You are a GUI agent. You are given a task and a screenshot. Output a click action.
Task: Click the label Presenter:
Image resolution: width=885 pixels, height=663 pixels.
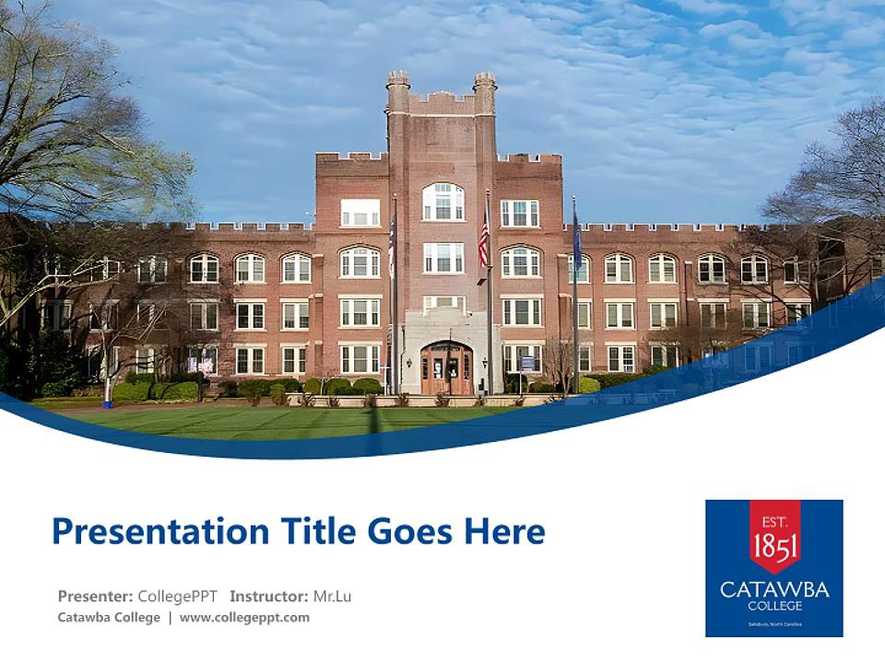click(x=95, y=596)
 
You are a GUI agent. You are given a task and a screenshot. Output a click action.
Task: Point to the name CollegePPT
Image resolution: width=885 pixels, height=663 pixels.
click(x=177, y=596)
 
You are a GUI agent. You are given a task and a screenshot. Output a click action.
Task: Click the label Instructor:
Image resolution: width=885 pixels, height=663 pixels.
click(x=269, y=596)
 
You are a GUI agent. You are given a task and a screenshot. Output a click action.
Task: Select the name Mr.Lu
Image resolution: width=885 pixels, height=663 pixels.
click(x=333, y=596)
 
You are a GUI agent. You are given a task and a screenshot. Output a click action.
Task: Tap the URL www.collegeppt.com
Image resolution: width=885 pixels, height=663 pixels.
click(x=244, y=618)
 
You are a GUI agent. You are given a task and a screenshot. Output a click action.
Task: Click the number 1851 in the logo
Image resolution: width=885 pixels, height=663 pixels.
click(x=774, y=546)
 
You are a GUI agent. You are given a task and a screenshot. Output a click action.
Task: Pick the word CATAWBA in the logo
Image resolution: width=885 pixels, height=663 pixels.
click(x=774, y=589)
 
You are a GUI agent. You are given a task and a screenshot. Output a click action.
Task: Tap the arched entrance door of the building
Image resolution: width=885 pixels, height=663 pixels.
click(x=446, y=368)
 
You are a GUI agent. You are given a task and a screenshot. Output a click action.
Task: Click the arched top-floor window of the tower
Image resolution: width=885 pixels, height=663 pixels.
click(x=443, y=202)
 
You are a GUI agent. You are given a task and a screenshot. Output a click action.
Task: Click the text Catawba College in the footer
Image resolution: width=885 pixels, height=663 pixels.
click(x=109, y=618)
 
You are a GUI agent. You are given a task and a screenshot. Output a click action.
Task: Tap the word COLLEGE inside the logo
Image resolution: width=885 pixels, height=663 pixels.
click(x=774, y=606)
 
